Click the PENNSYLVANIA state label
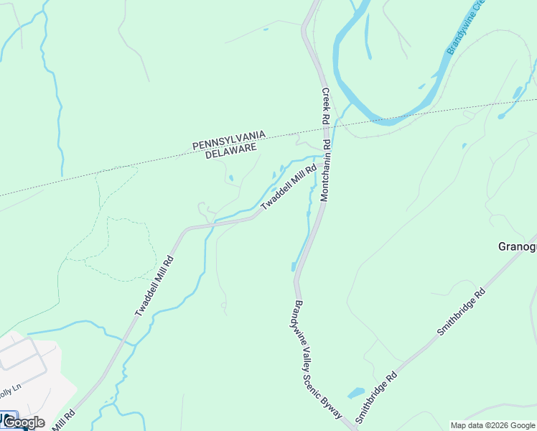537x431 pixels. click(230, 139)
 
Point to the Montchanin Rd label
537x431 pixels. click(325, 170)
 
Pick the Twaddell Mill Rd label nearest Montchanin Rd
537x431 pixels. click(289, 187)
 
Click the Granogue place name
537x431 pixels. click(517, 246)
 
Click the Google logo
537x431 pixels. click(24, 422)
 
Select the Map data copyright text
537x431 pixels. click(492, 425)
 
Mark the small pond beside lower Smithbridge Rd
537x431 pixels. click(356, 394)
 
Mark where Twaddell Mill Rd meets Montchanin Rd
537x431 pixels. click(325, 157)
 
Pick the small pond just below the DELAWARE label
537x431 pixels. click(230, 178)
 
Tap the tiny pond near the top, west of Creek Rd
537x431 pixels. click(266, 29)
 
